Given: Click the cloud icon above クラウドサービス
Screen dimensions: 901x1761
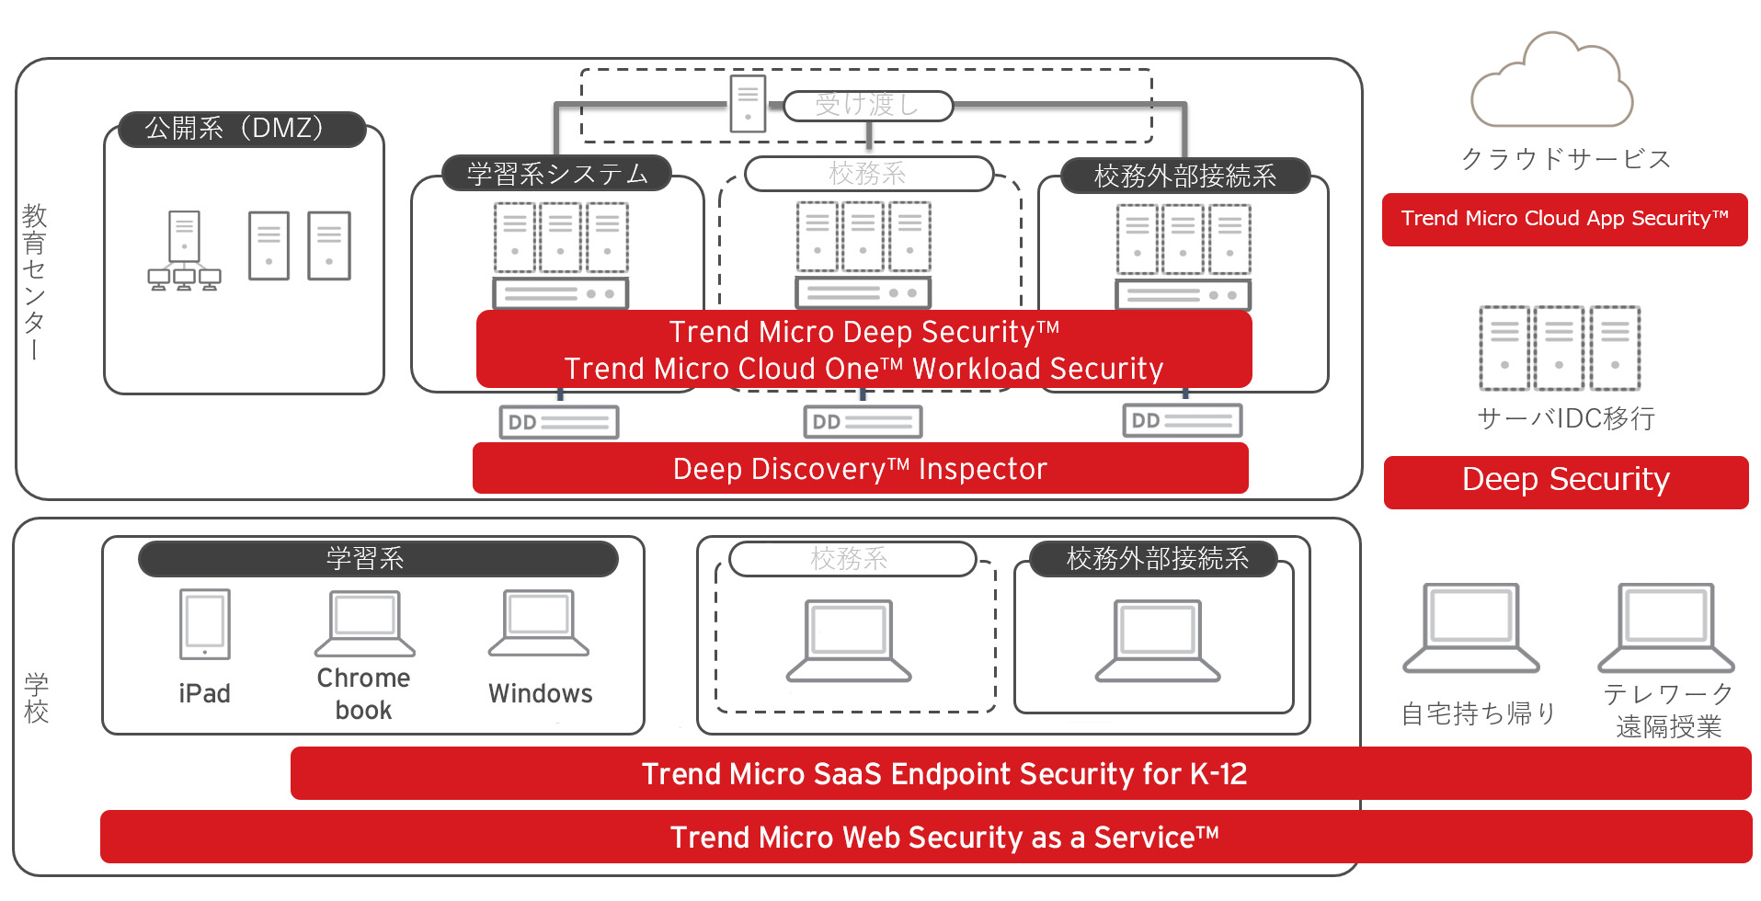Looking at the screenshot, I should click(1551, 83).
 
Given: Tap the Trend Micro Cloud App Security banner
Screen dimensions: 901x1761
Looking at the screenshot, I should click(1564, 219).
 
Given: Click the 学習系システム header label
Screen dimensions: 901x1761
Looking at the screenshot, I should click(557, 174).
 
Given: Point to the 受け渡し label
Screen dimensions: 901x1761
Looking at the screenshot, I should click(867, 106).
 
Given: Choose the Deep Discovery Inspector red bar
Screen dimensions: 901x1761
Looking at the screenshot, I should click(860, 469).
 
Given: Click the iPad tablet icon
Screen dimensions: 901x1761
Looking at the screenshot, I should click(204, 624).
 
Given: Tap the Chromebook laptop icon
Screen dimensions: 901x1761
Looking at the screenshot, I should click(364, 623).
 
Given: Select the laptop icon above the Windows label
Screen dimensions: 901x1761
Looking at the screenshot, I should click(539, 623).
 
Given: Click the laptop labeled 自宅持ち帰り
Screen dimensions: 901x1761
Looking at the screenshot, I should click(1470, 628).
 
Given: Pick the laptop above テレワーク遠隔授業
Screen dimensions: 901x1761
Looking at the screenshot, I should click(1665, 628).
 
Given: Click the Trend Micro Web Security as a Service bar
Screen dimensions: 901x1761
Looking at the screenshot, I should click(926, 837).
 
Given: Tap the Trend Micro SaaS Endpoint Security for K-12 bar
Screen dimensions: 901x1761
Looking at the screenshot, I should click(1021, 773).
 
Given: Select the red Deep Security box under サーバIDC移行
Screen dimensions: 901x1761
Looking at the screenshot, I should click(1565, 481).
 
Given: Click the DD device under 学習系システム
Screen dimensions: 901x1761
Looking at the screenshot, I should click(558, 422).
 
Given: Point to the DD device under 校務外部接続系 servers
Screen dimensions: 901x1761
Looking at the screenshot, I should click(1182, 420).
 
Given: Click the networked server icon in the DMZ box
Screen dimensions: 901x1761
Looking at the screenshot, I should click(184, 250).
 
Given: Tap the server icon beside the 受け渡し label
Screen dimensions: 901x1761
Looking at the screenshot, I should click(748, 104).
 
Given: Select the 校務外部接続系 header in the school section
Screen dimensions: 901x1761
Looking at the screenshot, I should click(1157, 559).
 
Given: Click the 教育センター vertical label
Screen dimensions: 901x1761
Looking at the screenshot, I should click(34, 280).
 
